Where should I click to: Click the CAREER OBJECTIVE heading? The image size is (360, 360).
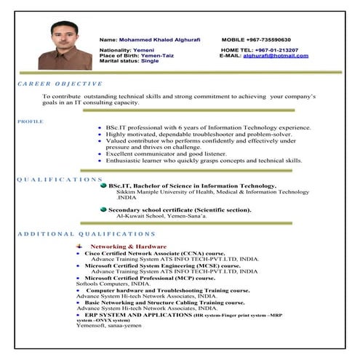click(52, 84)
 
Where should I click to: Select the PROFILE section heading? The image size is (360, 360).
click(30, 121)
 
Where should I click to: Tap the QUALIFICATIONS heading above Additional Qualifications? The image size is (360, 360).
click(59, 179)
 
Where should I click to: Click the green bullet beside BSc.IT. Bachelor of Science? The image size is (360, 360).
click(103, 185)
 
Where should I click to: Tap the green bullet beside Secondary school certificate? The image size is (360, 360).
click(103, 209)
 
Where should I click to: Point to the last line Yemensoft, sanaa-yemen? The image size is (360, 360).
click(109, 325)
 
